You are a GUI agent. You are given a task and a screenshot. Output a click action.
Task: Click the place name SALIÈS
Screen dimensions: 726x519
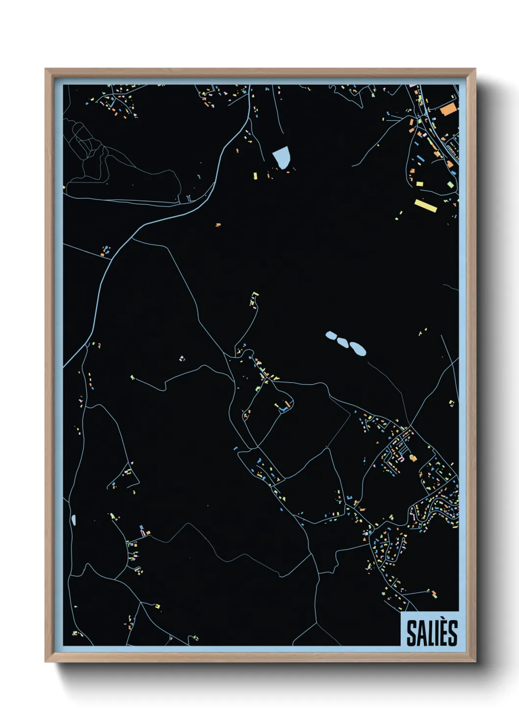point(432,633)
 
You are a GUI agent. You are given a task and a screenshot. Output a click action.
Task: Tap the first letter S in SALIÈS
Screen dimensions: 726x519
point(411,633)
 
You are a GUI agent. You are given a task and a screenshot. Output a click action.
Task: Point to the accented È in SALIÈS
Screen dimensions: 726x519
point(442,632)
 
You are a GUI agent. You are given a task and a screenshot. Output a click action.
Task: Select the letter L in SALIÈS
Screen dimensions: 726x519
point(428,633)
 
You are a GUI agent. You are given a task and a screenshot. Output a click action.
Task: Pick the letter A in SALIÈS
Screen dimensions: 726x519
point(420,633)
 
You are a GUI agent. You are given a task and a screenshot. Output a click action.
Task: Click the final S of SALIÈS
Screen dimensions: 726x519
point(452,633)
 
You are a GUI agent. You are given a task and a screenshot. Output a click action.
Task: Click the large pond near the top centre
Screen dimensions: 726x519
point(281,157)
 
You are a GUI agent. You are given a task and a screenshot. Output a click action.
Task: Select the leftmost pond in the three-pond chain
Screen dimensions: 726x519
point(331,336)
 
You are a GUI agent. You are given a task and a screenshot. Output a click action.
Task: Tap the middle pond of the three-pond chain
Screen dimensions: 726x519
point(343,342)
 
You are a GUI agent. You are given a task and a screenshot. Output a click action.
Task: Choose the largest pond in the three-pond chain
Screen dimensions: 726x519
point(357,349)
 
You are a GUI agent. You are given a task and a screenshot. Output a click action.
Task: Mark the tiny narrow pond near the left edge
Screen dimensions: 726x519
point(74,519)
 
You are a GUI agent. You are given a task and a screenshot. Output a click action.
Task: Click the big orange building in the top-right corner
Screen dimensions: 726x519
point(448,109)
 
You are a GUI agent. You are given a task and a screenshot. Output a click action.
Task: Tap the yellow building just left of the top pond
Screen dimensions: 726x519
point(255,175)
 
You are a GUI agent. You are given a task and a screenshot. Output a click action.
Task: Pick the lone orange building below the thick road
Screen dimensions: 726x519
point(218,225)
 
